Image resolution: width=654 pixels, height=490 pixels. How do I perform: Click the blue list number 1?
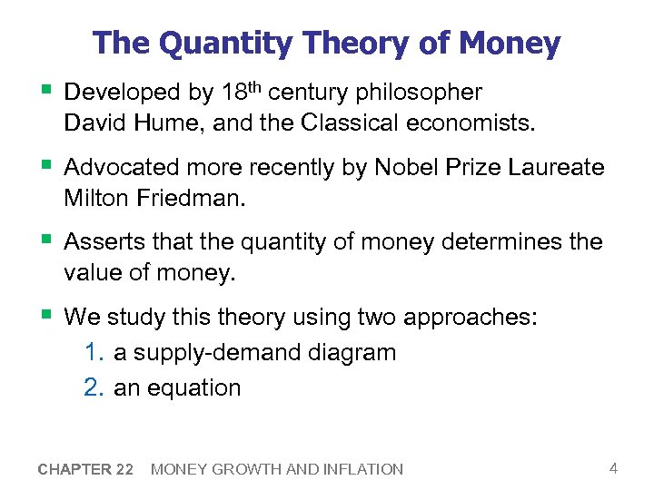[94, 353]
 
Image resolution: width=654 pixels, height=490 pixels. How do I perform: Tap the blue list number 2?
[94, 387]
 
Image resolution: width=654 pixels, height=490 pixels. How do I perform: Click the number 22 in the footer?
[124, 469]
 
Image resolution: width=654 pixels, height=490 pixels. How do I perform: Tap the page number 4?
[614, 468]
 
